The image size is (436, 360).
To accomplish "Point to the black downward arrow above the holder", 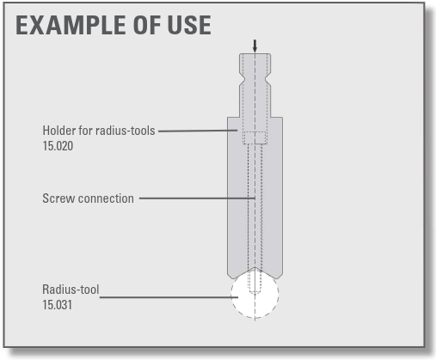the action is [255, 46].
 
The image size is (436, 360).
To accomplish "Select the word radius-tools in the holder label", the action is [126, 131].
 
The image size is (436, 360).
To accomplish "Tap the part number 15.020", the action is [58, 146].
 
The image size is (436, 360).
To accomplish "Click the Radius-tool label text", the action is [71, 290].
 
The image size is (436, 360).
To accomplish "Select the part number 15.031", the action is [57, 305].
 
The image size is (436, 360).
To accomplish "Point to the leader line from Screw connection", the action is [197, 198].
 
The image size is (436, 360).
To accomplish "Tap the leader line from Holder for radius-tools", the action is [198, 131].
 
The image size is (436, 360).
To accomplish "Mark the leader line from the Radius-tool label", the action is [169, 297].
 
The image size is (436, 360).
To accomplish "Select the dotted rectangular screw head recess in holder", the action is [255, 137].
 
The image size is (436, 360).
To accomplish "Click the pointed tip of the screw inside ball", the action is [255, 293].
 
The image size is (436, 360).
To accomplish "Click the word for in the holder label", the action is [85, 131].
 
